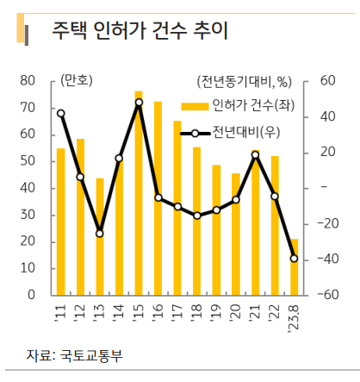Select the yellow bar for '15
coord(139,193)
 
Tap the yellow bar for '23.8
coord(294,266)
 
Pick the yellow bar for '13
coord(100,236)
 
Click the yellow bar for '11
coord(60,222)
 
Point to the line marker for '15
coord(139,103)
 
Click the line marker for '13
coord(100,234)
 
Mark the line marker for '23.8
coord(294,258)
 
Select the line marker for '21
coord(255,155)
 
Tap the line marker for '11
coord(60,113)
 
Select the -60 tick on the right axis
coord(330,295)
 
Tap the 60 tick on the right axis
coord(326,80)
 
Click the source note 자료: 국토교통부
coord(74,354)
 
